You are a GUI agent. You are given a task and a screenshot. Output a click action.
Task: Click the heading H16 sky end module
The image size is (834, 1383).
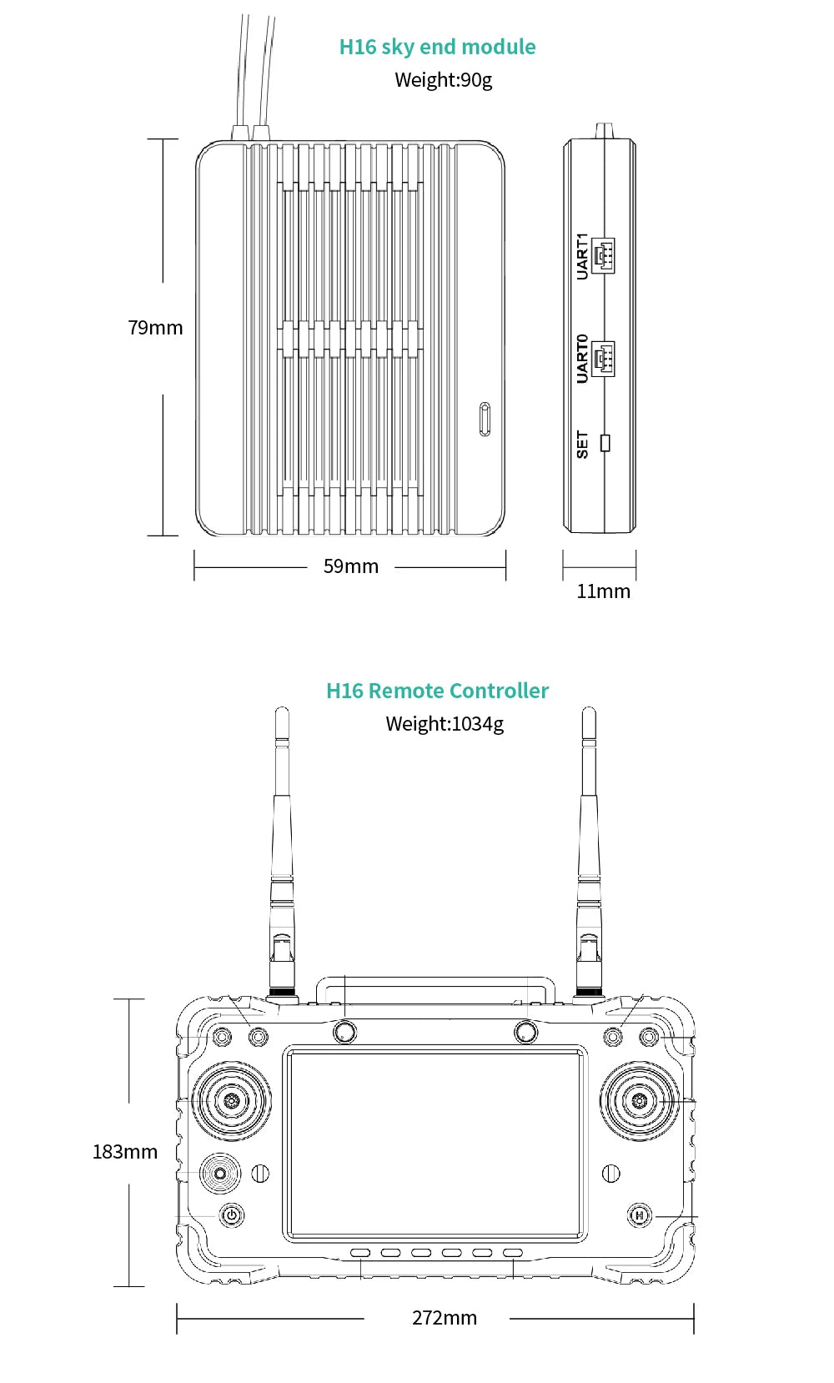pyautogui.click(x=437, y=47)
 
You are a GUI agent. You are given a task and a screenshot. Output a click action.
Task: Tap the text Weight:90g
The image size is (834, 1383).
pyautogui.click(x=443, y=80)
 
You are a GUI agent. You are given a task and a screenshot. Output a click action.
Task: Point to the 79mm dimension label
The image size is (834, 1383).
pyautogui.click(x=155, y=328)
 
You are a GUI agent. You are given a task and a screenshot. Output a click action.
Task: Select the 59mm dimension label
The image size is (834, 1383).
pyautogui.click(x=350, y=566)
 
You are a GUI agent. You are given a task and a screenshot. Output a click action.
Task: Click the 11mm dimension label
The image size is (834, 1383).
pyautogui.click(x=603, y=591)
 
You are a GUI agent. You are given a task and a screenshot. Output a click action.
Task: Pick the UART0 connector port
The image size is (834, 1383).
pyautogui.click(x=603, y=359)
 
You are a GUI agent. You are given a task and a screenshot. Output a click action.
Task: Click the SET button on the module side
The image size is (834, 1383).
pyautogui.click(x=605, y=443)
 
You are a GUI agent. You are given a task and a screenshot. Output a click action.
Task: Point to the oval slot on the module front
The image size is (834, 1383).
pyautogui.click(x=485, y=419)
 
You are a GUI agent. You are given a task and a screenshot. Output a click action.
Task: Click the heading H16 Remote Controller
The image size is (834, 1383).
pyautogui.click(x=437, y=691)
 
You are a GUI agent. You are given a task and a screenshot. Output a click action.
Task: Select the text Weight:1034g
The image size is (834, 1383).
pyautogui.click(x=444, y=724)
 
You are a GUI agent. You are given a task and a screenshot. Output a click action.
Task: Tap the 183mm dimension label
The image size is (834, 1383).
pyautogui.click(x=124, y=1152)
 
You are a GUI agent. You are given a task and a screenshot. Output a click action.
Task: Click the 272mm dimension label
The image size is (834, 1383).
pyautogui.click(x=444, y=1318)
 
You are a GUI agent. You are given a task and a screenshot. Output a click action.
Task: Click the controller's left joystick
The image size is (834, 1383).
pyautogui.click(x=232, y=1101)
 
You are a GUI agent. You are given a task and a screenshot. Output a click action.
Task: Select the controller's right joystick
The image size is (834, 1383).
pyautogui.click(x=639, y=1101)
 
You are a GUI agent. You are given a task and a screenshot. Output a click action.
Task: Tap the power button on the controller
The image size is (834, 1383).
pyautogui.click(x=232, y=1215)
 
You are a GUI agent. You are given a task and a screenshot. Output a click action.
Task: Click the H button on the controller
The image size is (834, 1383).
pyautogui.click(x=640, y=1215)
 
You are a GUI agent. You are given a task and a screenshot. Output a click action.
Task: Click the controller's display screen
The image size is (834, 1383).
pyautogui.click(x=435, y=1144)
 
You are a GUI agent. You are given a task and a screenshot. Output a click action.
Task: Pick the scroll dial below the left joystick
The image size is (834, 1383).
pyautogui.click(x=219, y=1174)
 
